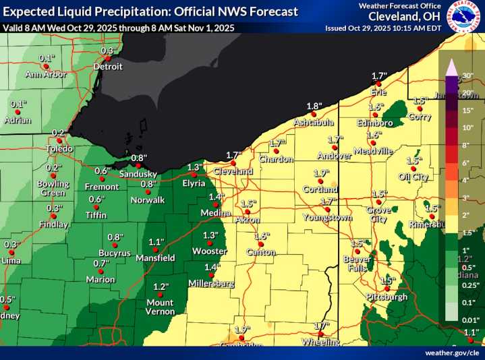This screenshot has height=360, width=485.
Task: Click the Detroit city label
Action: pos(108,67)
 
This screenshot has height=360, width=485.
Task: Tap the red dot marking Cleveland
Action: pos(233,162)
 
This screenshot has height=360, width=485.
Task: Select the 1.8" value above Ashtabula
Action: pos(313,106)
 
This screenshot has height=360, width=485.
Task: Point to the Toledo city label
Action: pos(59,148)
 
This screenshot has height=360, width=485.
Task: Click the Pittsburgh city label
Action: pos(387,297)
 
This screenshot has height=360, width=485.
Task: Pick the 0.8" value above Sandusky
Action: pos(138,158)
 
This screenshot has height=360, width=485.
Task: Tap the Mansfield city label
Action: pos(156,258)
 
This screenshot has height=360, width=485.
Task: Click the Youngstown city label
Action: pos(328,218)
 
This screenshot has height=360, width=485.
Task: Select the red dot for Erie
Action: pos(379,83)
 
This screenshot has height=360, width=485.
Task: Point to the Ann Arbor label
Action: pos(46,74)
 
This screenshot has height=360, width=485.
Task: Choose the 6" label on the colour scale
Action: pos(465,162)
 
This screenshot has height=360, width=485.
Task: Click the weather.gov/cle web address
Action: pos(453,353)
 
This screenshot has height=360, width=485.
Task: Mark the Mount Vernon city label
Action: pos(160,307)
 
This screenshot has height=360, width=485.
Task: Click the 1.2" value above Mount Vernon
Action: pos(161,287)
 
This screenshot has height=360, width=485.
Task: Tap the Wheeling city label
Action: pos(321,342)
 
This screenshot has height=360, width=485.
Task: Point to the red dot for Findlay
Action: pos(55,216)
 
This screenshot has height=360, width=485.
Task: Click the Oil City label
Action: pos(413,177)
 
